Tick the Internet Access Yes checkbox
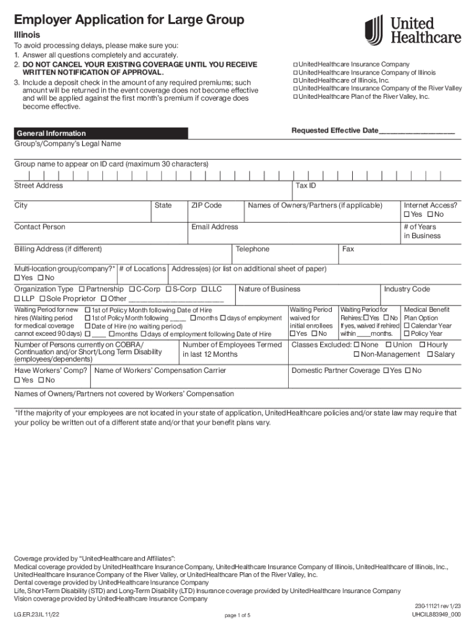coord(407,215)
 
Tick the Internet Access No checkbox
coord(429,215)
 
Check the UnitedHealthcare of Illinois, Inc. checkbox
coord(295,81)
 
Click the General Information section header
coord(51,133)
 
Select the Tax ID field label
coord(306,186)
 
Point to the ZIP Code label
coord(206,206)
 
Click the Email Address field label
coord(214,227)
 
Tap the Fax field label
coord(349,249)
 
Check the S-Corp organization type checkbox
coord(168,289)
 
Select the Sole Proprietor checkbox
coord(41,299)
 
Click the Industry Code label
coord(407,289)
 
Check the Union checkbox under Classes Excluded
coord(389,345)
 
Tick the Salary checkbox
coord(429,355)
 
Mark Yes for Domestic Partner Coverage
coord(386,371)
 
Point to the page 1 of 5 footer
coord(237,615)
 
